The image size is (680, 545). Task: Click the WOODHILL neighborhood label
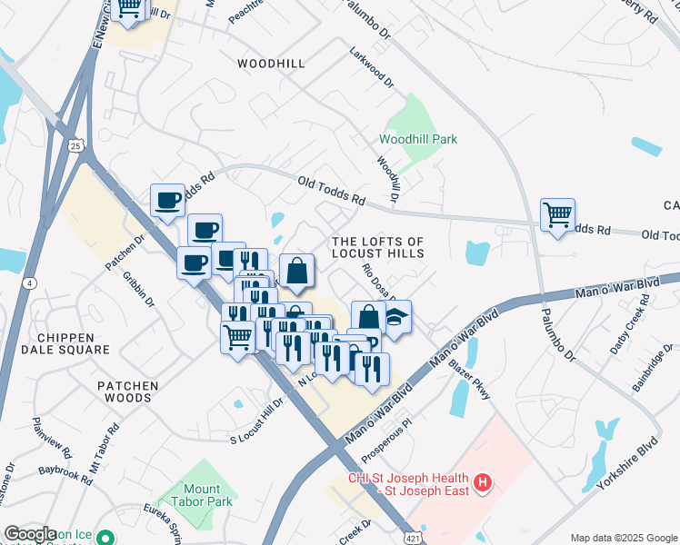[270, 64]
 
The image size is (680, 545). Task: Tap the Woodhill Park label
[418, 139]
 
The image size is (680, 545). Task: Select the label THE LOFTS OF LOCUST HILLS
[378, 247]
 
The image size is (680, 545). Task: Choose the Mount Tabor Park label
[195, 494]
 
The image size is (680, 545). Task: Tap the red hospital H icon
[484, 481]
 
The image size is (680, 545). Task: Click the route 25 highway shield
[77, 145]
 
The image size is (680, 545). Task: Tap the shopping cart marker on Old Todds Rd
[557, 216]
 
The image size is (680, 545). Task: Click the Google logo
[31, 533]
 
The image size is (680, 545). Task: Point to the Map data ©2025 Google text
[623, 537]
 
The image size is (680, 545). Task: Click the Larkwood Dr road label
[373, 66]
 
